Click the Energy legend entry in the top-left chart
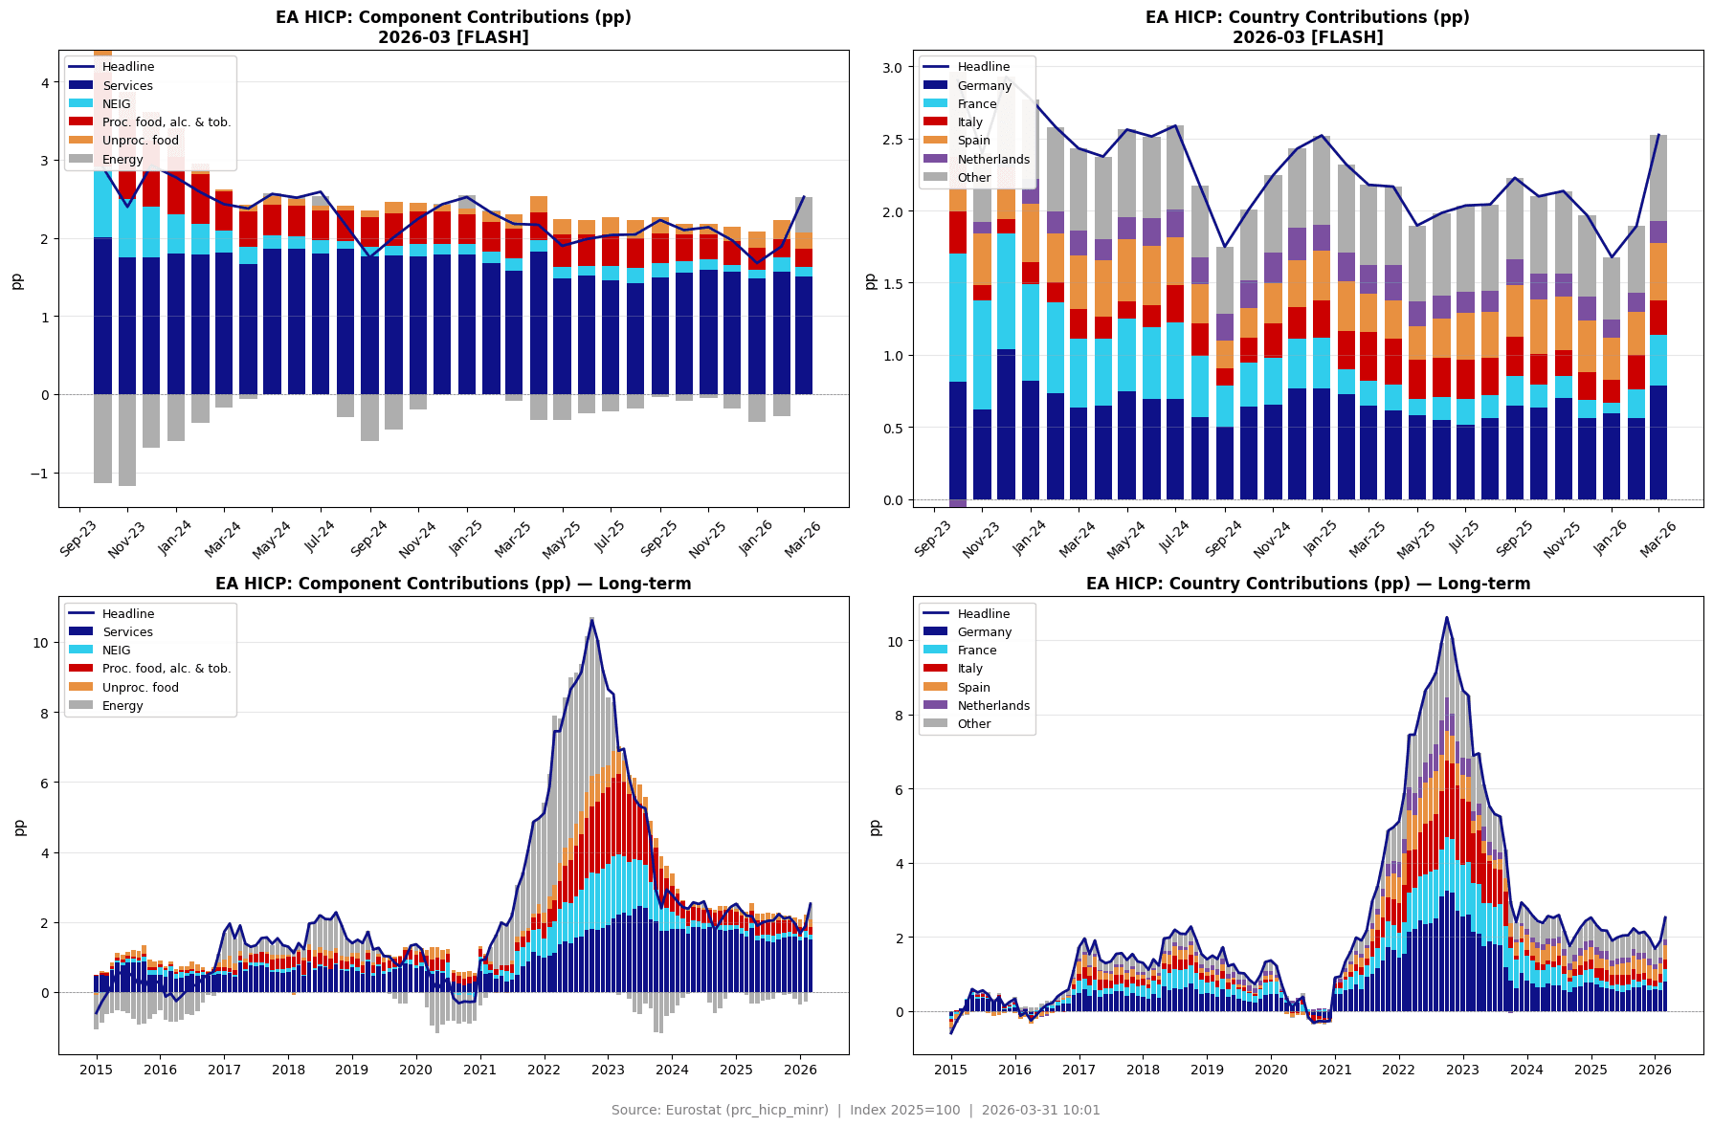[x=122, y=160]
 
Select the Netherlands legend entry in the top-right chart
[x=993, y=160]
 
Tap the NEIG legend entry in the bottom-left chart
[x=117, y=651]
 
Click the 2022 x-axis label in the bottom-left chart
[x=545, y=1070]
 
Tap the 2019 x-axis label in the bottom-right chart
[x=1207, y=1070]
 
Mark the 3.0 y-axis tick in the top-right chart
[x=892, y=68]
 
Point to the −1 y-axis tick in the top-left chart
[x=37, y=474]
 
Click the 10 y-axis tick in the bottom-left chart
[x=40, y=643]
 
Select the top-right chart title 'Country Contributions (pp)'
[x=1307, y=18]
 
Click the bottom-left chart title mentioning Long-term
[x=453, y=584]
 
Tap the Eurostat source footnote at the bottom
[x=856, y=1111]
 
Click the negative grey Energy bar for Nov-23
[x=127, y=440]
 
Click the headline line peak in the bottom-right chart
[x=1446, y=617]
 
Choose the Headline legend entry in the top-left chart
[x=127, y=67]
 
